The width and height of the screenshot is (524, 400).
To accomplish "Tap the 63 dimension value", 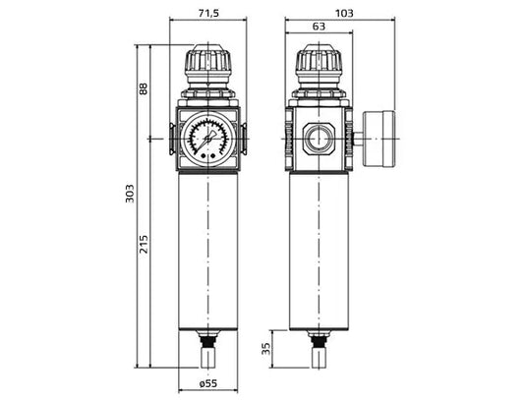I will [x=318, y=29].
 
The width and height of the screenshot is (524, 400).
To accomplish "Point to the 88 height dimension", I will [x=145, y=89].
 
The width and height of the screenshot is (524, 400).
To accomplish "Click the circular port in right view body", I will [x=319, y=138].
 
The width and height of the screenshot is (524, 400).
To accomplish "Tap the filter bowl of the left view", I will [x=207, y=251].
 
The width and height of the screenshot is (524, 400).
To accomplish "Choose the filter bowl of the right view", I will [x=319, y=251].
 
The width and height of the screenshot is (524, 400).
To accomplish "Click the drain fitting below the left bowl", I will [x=207, y=349].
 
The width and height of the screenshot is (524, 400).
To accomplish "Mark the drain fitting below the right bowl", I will [x=319, y=349].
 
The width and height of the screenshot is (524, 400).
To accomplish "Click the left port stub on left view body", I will [x=173, y=139].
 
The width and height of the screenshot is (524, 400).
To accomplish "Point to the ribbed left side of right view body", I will [x=289, y=138].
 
